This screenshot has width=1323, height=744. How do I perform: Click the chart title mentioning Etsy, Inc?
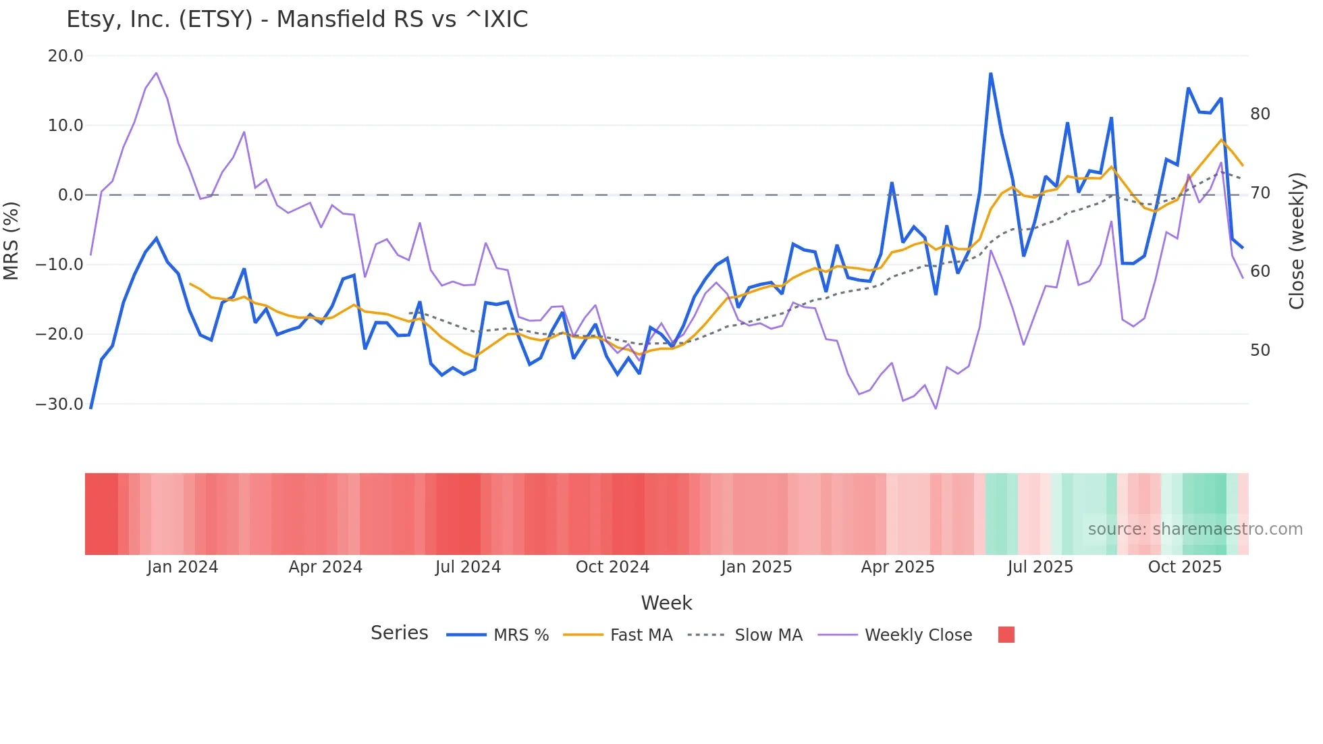(x=297, y=20)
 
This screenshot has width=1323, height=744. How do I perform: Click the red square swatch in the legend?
(x=1006, y=635)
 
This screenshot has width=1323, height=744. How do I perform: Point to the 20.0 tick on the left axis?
(x=65, y=56)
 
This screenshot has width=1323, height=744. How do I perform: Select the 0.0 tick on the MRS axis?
(x=71, y=195)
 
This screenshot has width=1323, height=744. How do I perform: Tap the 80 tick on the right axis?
(x=1260, y=114)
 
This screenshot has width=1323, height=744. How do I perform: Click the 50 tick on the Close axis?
(x=1260, y=350)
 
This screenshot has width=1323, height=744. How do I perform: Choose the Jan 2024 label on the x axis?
(x=182, y=567)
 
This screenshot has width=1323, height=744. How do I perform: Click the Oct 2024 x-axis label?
(x=612, y=567)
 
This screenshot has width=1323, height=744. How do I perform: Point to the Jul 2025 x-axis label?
(x=1040, y=567)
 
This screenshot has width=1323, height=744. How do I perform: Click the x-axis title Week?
(x=666, y=603)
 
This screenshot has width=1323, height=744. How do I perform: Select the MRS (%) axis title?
(x=11, y=240)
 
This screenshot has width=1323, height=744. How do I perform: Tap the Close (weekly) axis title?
(x=1296, y=241)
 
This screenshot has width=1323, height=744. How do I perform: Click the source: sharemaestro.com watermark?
(x=1195, y=529)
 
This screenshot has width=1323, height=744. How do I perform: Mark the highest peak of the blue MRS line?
(x=990, y=74)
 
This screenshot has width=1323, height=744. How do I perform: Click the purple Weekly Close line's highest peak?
(x=156, y=73)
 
